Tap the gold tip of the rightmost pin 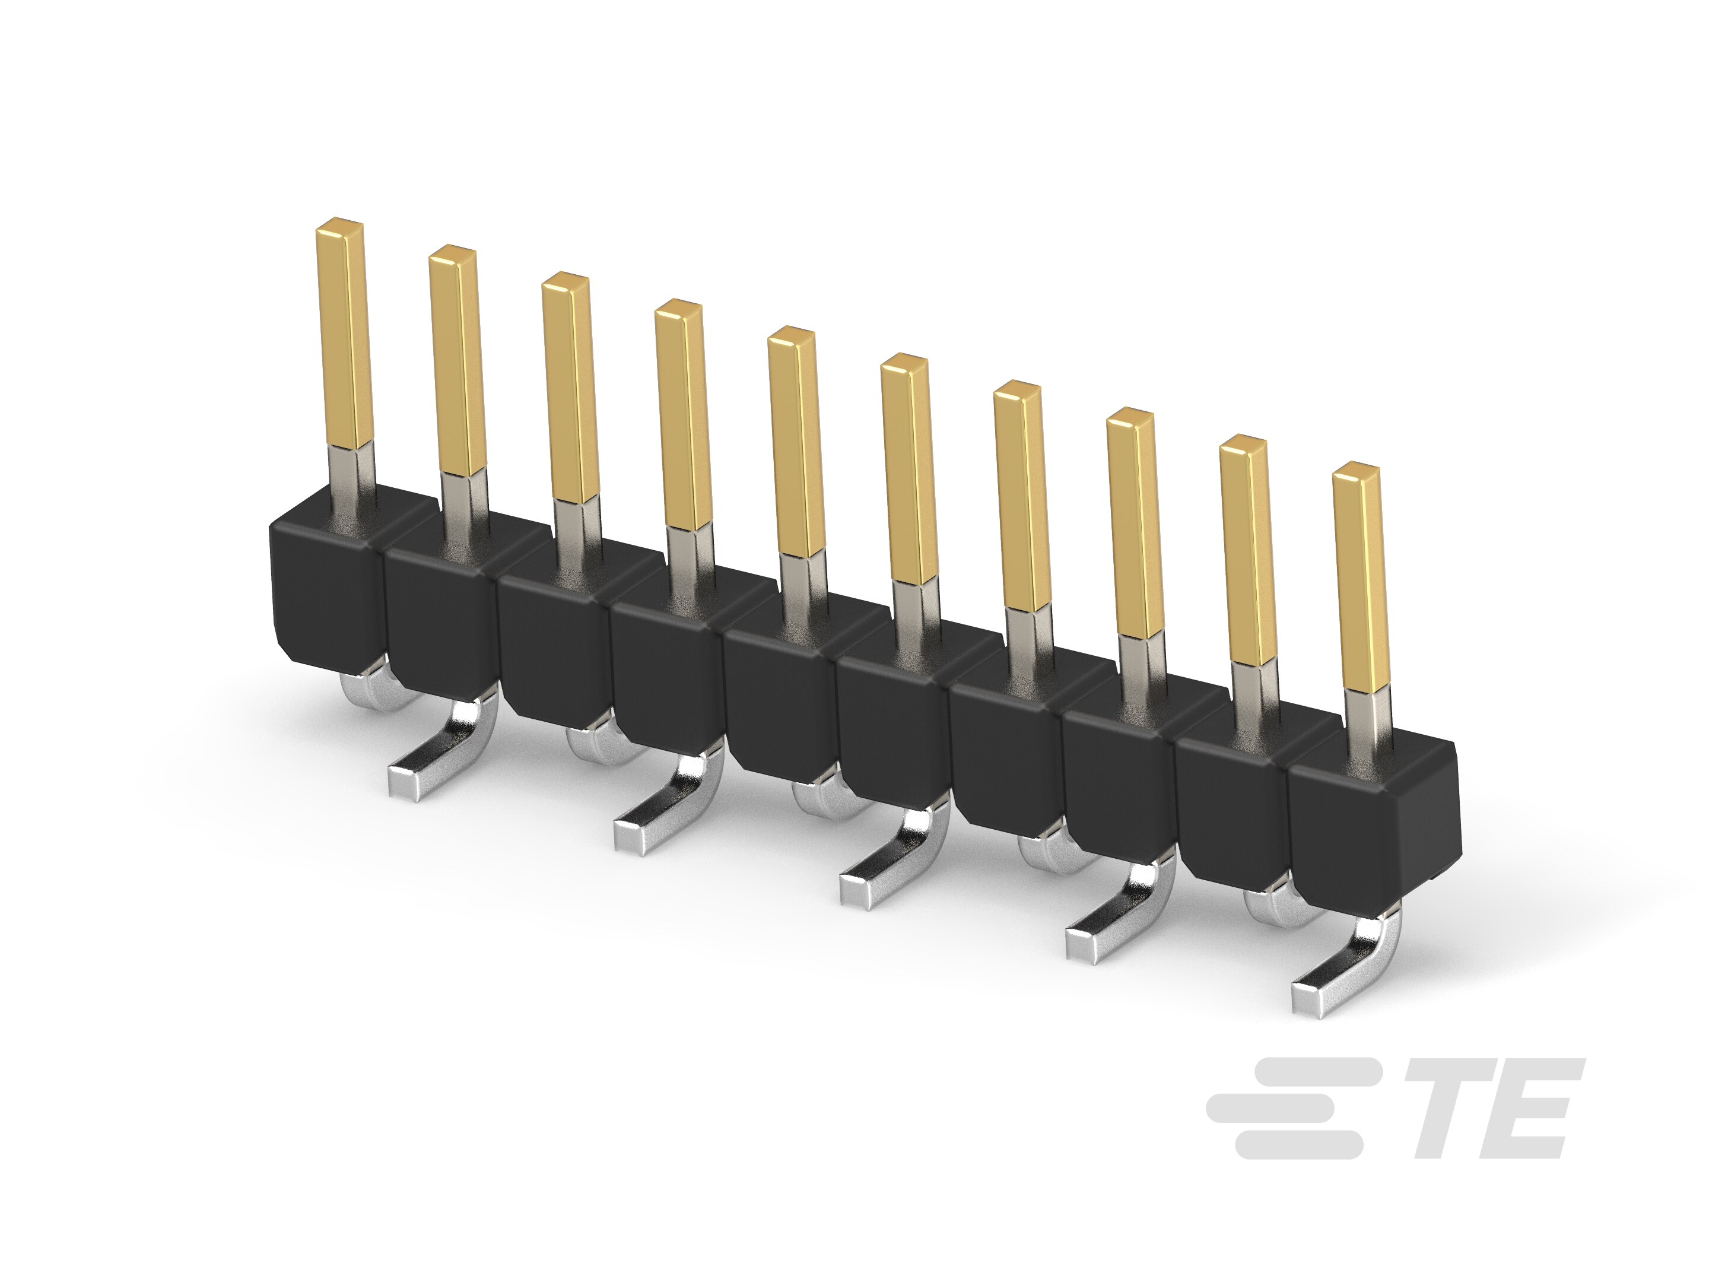tap(1357, 473)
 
